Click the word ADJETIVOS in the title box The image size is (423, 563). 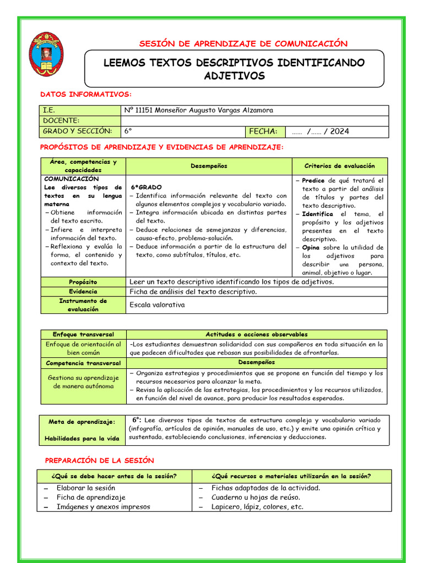coord(234,76)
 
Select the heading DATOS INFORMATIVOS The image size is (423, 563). coord(86,95)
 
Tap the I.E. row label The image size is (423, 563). coord(50,111)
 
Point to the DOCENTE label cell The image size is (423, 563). coord(61,121)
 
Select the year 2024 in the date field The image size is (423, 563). coord(339,131)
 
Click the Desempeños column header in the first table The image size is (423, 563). coord(209,166)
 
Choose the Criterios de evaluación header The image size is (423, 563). coord(339,166)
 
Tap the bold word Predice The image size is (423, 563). coord(313,180)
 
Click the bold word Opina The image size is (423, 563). coord(312,247)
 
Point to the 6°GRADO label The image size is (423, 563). coord(147,187)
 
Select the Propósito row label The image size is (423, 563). coord(83,282)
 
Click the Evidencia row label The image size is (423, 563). coord(83,291)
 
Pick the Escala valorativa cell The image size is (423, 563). coord(157,305)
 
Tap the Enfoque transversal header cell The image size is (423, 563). coord(83,334)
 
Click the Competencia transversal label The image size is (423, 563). coord(83,363)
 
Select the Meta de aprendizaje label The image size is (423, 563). coord(82,422)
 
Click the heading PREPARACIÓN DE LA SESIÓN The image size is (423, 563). coord(99,460)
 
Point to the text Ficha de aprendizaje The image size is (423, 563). coord(91,497)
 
